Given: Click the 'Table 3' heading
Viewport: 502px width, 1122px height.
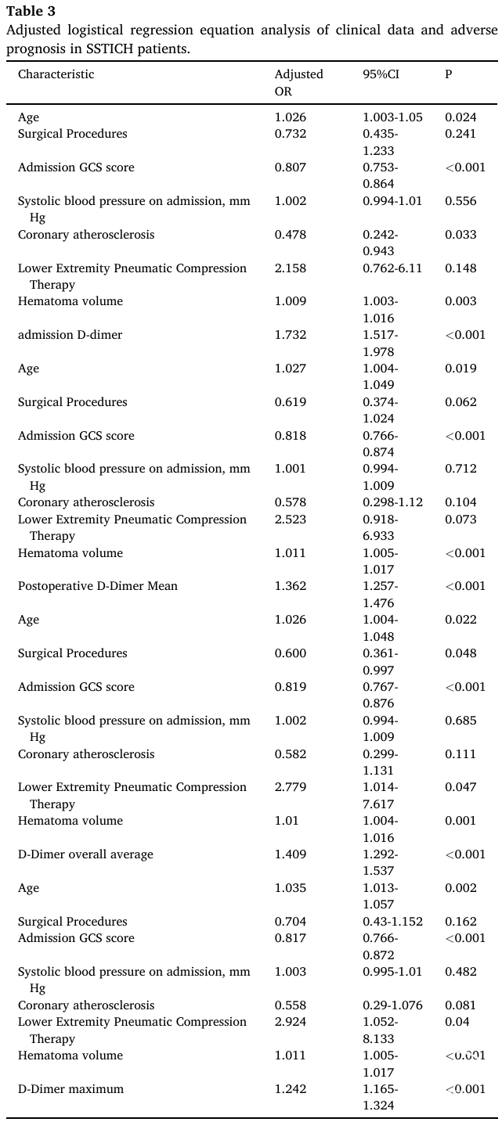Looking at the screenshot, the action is click(31, 11).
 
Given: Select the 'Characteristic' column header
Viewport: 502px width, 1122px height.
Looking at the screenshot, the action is click(56, 74).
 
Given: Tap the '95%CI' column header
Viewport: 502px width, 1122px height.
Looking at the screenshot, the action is click(381, 74).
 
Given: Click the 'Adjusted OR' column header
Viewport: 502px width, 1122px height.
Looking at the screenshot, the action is click(298, 83).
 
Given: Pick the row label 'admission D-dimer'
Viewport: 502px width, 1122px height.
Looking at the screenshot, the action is click(70, 335).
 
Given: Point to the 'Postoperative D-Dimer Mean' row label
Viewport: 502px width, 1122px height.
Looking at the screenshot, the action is click(98, 586).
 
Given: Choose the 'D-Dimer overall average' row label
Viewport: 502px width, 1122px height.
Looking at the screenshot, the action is click(85, 854).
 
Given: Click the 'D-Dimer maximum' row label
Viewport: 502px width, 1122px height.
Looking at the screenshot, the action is click(70, 1089).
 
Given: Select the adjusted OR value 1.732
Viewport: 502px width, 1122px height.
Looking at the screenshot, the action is click(290, 335).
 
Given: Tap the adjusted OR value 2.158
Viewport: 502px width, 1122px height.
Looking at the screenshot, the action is click(290, 268).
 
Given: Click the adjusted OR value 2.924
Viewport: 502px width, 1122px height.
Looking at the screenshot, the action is click(290, 1022).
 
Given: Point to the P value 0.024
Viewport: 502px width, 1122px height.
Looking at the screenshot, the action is click(460, 117).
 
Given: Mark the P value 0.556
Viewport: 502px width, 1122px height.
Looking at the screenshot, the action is click(460, 201).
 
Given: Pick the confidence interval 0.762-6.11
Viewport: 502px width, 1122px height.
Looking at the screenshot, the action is click(392, 268).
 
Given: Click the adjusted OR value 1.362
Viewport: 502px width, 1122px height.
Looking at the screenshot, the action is click(290, 586).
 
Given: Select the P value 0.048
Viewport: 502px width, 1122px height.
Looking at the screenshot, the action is click(460, 653).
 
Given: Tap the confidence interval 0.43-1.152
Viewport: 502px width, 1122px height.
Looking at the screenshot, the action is click(392, 921).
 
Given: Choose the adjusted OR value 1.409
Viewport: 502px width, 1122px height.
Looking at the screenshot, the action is click(290, 854).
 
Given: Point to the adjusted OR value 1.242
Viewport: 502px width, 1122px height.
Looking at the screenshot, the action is click(290, 1089).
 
